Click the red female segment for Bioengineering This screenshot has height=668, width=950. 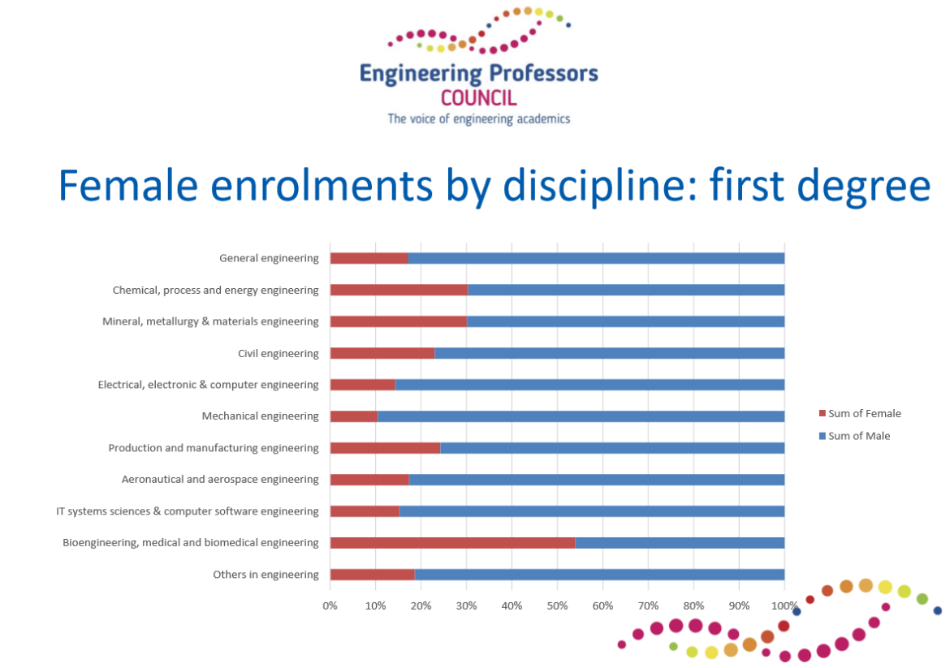coord(452,543)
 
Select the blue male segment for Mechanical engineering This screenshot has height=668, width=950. coord(581,416)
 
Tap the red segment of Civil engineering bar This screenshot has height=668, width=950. coord(382,353)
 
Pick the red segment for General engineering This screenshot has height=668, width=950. coord(369,259)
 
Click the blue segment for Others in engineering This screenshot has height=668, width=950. coord(600,574)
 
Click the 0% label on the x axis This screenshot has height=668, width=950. coord(330,606)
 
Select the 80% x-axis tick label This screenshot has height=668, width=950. coord(693,606)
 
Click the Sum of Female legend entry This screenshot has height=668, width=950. coord(860,414)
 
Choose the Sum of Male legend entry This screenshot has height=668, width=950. coord(854,436)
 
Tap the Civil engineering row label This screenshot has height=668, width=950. coord(278,353)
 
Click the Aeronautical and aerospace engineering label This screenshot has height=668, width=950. coord(220,479)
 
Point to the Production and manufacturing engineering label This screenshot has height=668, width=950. coord(214,447)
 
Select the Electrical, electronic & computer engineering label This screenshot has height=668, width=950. coord(209,385)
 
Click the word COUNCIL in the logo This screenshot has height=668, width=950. coord(478,98)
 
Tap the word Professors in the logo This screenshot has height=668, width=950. coord(543,73)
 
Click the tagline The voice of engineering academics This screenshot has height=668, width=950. coord(478,119)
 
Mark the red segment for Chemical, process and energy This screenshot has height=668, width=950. coord(399,290)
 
